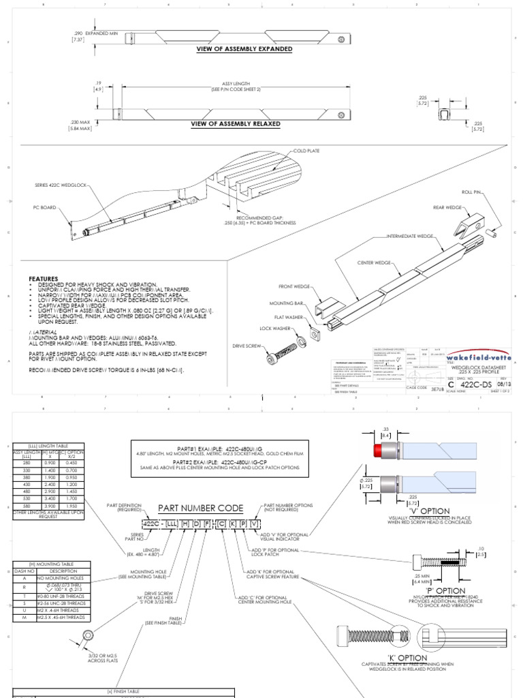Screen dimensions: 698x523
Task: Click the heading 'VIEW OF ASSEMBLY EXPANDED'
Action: [x=244, y=49]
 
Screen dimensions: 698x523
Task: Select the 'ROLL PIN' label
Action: [x=471, y=193]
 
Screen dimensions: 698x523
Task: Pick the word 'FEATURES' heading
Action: [x=42, y=279]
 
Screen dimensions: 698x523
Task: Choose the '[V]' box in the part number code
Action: [x=254, y=523]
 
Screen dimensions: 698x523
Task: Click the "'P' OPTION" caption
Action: [x=446, y=590]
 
